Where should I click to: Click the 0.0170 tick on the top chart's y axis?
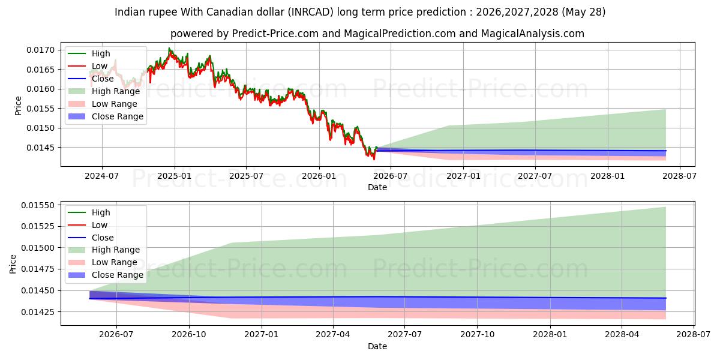click(41, 50)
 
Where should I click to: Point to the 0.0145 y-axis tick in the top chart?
click(41, 148)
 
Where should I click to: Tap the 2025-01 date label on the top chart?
click(174, 176)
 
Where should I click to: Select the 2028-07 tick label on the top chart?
click(680, 176)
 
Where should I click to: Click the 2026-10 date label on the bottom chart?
click(189, 334)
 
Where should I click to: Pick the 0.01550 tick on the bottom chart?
click(38, 205)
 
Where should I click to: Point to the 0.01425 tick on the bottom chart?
click(38, 312)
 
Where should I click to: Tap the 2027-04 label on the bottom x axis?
click(333, 334)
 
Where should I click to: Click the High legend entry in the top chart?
click(101, 53)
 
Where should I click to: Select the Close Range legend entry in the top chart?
click(118, 116)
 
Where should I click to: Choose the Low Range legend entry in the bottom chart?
click(115, 262)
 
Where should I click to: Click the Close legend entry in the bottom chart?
click(103, 238)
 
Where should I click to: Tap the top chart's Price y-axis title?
click(18, 106)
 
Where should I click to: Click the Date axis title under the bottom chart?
click(377, 346)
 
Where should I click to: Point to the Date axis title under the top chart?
click(377, 187)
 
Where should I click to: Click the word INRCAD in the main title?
click(311, 12)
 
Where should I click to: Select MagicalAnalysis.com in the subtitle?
click(533, 34)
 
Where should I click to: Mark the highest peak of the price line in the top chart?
click(169, 48)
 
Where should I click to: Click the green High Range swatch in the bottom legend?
click(77, 250)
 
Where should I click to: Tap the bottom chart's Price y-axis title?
click(13, 264)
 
